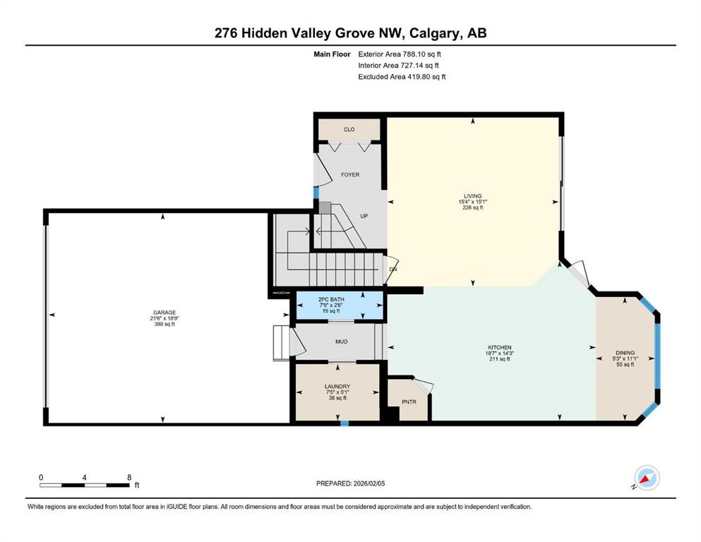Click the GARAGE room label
coord(166,312)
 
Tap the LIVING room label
coord(472,196)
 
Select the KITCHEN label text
coord(499,347)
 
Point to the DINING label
coord(625,352)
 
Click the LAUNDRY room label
coord(337,385)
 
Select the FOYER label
coord(350,174)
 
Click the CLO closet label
coord(349,130)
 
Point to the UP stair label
coord(364,217)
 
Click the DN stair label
coord(393,269)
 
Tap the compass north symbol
coord(647,478)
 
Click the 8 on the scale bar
coord(129,477)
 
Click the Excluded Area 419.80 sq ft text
coord(402,76)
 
